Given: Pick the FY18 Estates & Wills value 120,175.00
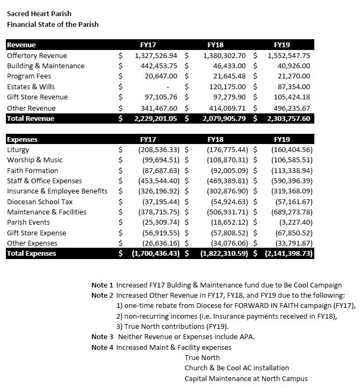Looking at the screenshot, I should pos(226,87).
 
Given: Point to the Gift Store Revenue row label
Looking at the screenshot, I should pos(37,97).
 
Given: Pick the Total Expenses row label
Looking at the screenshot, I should pos(31,254).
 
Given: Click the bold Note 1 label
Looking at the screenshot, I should pos(103,285).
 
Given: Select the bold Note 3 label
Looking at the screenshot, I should pos(103,337).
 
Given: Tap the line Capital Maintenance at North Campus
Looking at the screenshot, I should pos(246,378).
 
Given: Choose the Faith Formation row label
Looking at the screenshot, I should pos(33,170).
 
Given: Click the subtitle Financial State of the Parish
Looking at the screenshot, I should pos(53,24).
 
